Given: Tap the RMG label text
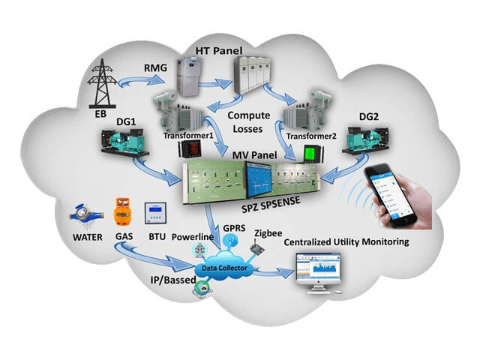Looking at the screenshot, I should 157,68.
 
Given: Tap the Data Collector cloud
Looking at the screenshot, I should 219,268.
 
